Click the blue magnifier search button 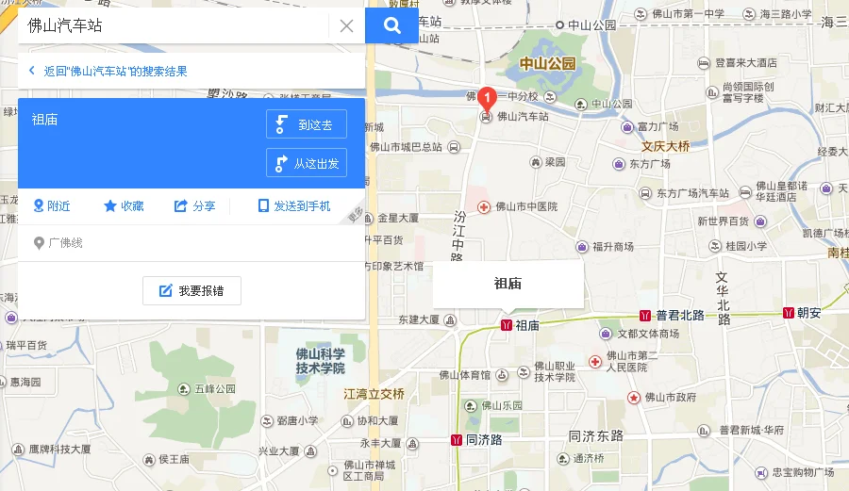(391, 25)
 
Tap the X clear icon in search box (346, 26)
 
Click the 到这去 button (307, 124)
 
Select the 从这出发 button (307, 163)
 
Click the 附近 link (52, 206)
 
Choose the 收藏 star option (124, 206)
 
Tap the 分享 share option (194, 206)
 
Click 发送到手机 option (294, 206)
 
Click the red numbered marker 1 (486, 97)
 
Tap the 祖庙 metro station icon (507, 325)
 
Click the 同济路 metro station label (483, 440)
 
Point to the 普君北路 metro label (679, 315)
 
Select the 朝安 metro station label (809, 313)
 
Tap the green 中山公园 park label (547, 64)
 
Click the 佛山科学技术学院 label (320, 361)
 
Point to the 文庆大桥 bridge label (666, 146)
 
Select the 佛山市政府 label (676, 398)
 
